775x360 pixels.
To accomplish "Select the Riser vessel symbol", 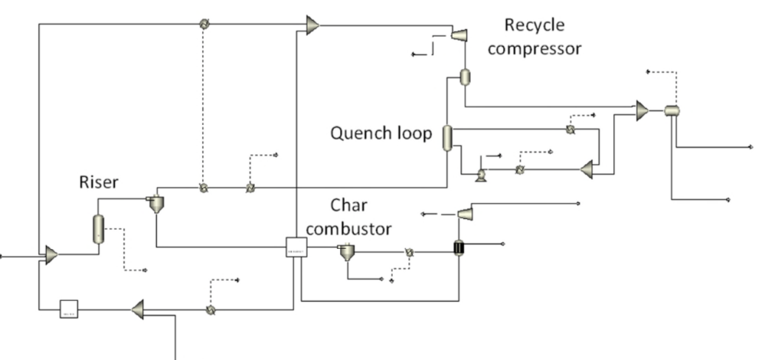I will point(98,228).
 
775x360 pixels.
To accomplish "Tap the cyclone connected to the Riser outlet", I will point(155,204).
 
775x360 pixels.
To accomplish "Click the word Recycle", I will point(534,25).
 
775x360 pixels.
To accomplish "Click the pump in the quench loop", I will point(480,175).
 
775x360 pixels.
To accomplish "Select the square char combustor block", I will point(296,247).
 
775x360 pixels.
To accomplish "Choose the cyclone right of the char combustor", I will point(347,251).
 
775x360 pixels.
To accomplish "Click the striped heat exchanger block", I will point(459,247).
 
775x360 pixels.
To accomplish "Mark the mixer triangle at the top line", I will point(312,25).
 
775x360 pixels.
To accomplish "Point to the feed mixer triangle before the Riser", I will point(51,255).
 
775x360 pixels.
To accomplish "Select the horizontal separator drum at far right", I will point(672,110).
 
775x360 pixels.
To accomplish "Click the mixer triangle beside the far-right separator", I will point(642,111).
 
